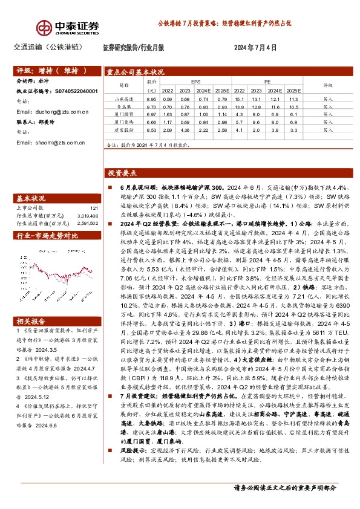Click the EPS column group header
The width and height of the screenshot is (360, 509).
196,80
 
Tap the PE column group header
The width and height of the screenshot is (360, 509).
266,80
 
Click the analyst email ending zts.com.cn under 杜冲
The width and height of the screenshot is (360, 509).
52,112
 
